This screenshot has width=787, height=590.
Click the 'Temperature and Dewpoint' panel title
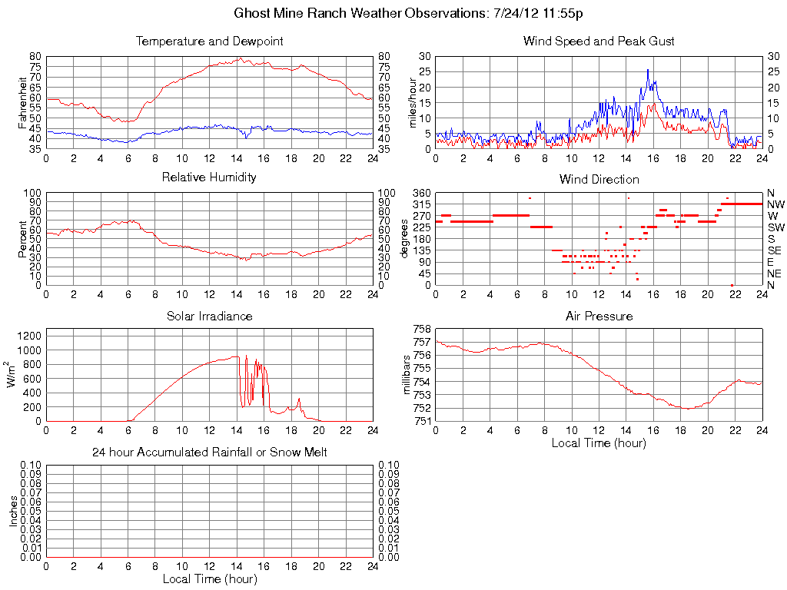coord(209,41)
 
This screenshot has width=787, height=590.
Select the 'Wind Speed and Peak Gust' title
coord(598,41)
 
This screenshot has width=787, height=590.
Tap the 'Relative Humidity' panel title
coord(209,177)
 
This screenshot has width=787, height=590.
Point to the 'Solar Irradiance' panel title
coord(209,316)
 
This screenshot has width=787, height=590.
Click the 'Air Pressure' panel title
coord(599,316)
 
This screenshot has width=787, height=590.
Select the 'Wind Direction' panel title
coord(599,179)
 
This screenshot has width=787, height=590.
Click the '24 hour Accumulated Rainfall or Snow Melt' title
coord(209,452)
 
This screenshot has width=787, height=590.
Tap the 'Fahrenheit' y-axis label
coord(22,102)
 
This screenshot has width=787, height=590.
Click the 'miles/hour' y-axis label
coord(412,102)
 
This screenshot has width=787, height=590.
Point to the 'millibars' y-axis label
coord(409,375)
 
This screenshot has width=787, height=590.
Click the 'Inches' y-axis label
coord(13,511)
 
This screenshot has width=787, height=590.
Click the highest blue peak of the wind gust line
coord(648,70)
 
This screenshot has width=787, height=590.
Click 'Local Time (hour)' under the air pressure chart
coord(599,442)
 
